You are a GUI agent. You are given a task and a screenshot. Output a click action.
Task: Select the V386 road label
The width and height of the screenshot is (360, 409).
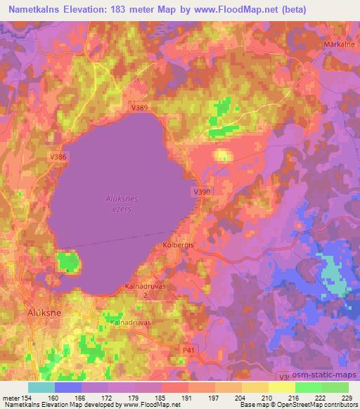click(58, 157)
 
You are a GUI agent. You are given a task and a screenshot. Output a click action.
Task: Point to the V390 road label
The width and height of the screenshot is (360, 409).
click(201, 191)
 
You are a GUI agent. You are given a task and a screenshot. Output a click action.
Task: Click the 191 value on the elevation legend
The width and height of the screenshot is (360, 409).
click(187, 397)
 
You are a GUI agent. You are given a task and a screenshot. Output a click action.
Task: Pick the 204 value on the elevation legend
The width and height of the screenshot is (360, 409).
click(239, 397)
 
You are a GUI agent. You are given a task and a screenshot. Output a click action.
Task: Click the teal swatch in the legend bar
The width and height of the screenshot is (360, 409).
click(41, 387)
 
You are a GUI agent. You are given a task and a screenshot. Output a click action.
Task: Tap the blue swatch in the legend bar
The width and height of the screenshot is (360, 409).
click(67, 387)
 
